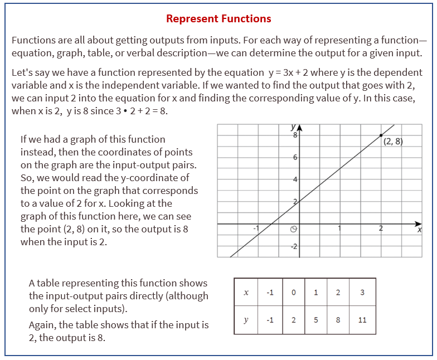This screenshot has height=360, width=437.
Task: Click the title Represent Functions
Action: coord(219,18)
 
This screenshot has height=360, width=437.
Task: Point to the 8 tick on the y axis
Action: coord(295,134)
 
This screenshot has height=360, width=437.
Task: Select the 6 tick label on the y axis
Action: coord(295,158)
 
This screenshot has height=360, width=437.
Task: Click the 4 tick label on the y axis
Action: coord(295,179)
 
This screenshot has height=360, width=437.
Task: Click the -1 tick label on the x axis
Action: coord(256,228)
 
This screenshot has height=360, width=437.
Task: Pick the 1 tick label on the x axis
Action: coord(339,228)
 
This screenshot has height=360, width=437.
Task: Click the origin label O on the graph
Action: coord(294,228)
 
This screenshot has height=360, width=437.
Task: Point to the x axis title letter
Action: coord(420,230)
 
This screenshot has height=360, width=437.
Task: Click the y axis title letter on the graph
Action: coord(293,127)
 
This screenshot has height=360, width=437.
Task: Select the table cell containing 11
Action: coord(361,320)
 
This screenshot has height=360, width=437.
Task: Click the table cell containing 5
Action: coord(315,320)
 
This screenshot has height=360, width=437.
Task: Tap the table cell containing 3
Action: coord(361,293)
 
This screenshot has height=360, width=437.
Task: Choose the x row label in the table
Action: coord(246,293)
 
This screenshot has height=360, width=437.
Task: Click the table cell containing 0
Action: coord(293,293)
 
